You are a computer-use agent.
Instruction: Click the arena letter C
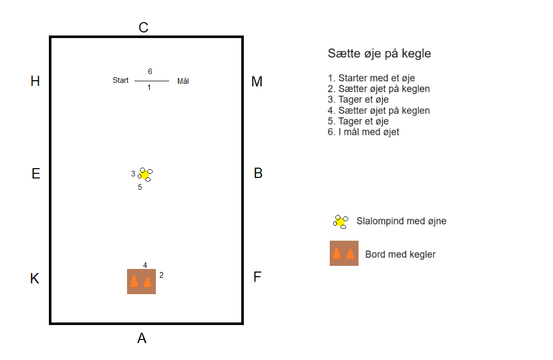144,28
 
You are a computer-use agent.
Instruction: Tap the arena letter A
142,338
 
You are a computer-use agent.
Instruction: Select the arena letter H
35,81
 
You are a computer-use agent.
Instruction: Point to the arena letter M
257,82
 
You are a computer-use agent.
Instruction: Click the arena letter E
35,174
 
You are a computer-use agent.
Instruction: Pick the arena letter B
258,174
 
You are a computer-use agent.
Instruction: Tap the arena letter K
34,279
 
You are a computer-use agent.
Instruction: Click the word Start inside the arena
121,80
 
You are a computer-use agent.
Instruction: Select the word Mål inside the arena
183,81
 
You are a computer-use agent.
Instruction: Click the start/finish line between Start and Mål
152,81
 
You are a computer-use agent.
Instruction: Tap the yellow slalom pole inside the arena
145,175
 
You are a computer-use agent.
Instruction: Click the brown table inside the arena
141,281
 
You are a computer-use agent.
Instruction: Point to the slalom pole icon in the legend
340,222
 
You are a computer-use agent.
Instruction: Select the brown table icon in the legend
344,253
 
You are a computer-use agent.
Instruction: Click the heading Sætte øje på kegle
379,53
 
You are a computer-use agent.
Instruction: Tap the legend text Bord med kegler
400,254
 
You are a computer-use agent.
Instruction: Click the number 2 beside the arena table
162,275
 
